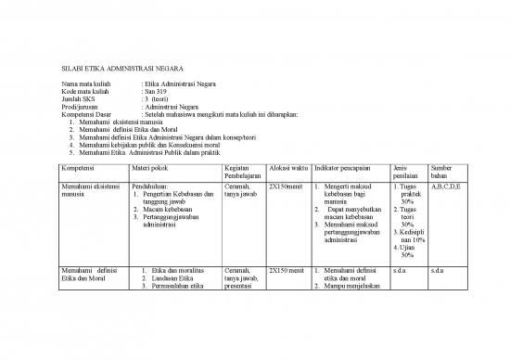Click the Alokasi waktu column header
287,168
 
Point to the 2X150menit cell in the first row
286,186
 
